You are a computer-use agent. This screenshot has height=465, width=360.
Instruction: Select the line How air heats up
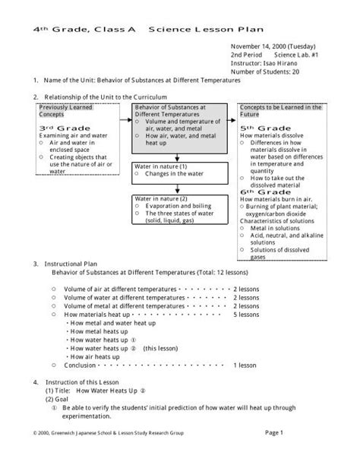point(94,356)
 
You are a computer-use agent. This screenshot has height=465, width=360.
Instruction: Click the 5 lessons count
point(248,314)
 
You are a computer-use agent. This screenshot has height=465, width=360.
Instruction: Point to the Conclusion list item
point(81,365)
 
